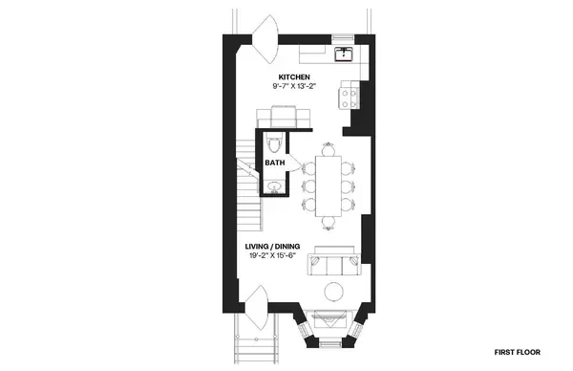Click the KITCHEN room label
[293, 76]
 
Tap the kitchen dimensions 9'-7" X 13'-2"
[293, 87]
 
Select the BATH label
[275, 164]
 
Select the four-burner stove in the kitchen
[350, 94]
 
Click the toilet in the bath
[275, 145]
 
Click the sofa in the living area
[332, 260]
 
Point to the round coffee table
[334, 292]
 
